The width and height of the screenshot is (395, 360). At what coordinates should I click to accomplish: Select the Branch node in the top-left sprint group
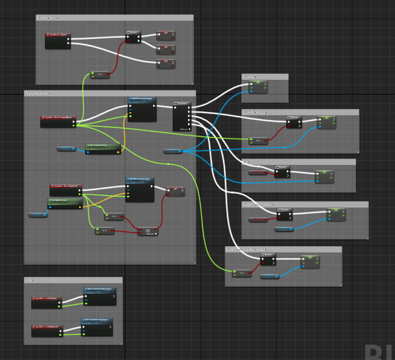click(x=133, y=37)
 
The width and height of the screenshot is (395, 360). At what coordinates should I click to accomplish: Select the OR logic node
click(x=148, y=231)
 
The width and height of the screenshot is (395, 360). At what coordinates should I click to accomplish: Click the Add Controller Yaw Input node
click(x=97, y=327)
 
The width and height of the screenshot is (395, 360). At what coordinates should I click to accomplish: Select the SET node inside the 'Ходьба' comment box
click(x=259, y=87)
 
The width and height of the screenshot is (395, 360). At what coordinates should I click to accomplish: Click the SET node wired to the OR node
click(x=175, y=191)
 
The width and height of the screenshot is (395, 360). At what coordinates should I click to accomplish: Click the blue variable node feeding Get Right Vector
click(x=38, y=215)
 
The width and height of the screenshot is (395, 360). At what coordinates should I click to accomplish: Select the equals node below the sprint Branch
click(x=100, y=75)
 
